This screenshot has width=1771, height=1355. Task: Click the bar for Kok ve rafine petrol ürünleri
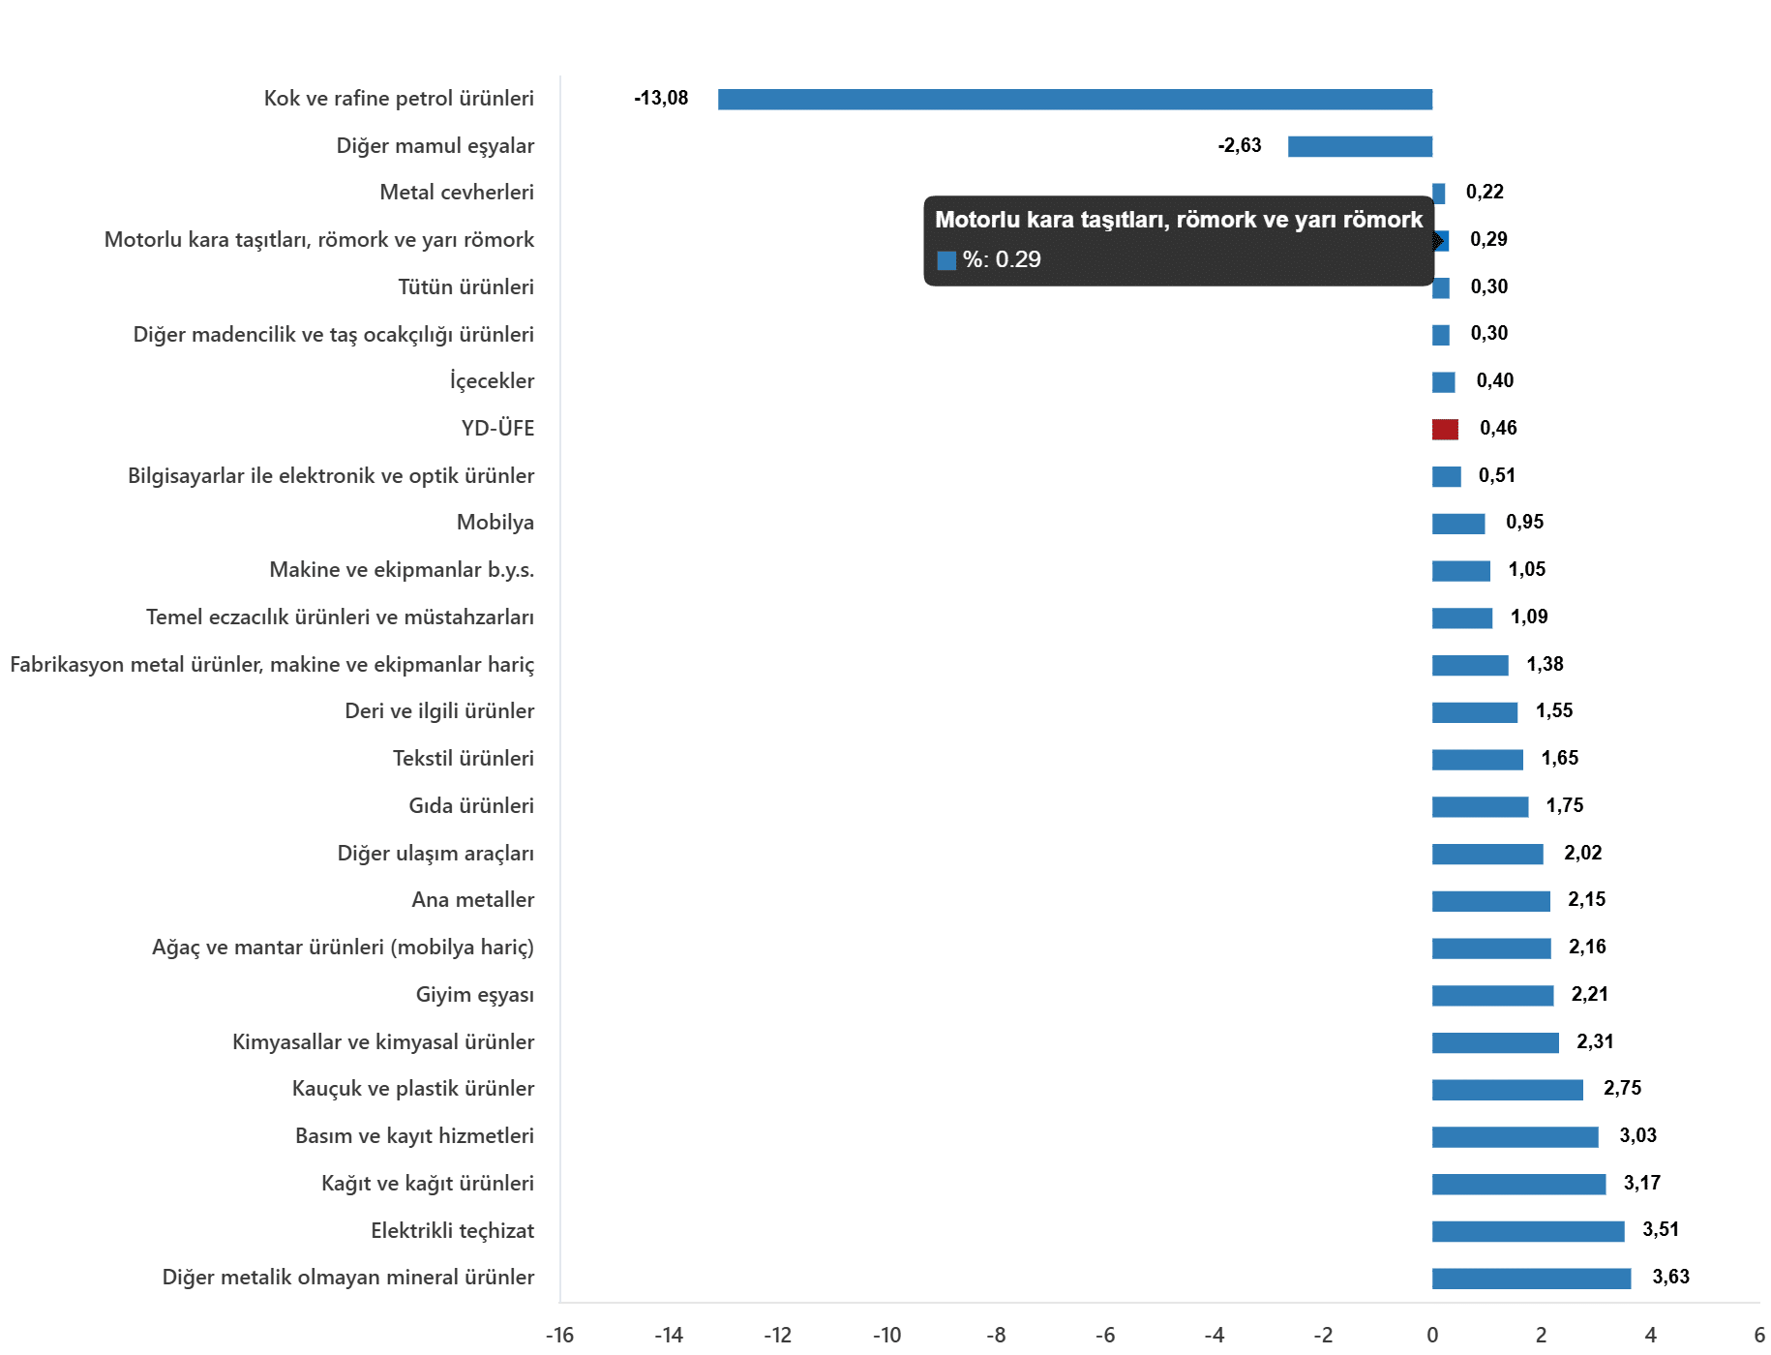coord(1074,99)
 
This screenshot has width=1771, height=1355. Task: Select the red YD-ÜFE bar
coord(1445,429)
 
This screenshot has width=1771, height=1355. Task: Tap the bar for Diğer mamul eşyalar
coord(1360,146)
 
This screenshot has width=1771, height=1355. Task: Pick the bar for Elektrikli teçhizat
coord(1528,1231)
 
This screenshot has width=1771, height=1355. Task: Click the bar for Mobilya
coord(1458,524)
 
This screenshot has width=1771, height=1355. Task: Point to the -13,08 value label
coord(661,98)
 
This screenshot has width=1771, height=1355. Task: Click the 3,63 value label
coord(1670,1277)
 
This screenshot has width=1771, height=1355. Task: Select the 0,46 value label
coord(1498,428)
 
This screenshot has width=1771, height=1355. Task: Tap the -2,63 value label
coord(1240,145)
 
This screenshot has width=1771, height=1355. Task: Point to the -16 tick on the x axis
coord(559,1336)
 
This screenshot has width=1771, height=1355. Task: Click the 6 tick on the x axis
coord(1759,1336)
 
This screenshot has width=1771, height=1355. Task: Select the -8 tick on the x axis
coord(996,1336)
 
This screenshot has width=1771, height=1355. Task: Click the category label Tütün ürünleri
coord(466,286)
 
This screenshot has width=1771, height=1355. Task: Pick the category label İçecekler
coord(492,380)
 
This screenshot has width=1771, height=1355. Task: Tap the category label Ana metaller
coord(473,900)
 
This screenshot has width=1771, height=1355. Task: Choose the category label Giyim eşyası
coord(475,995)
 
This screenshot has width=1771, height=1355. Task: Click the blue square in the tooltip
coord(946,260)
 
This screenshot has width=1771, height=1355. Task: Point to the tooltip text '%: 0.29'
coord(1002,259)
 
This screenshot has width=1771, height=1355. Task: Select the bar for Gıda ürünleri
coord(1481,806)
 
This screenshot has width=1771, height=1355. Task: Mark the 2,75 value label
coord(1622,1088)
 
